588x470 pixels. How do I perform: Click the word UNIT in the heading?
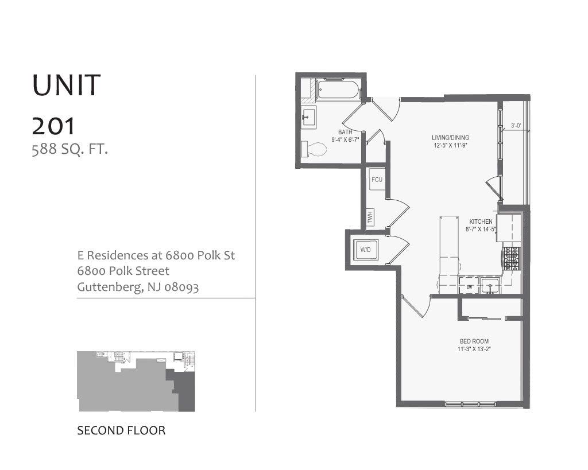(x=67, y=86)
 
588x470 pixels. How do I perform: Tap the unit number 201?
(x=54, y=126)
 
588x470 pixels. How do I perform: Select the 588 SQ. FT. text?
(x=70, y=150)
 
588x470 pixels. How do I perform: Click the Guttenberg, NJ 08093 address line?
(x=138, y=287)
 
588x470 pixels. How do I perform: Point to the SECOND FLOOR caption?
(x=121, y=430)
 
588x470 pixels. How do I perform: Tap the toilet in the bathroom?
(x=314, y=150)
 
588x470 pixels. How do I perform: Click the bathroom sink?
(x=308, y=118)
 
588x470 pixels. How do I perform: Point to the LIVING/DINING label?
(x=451, y=138)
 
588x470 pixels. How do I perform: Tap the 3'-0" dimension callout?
(x=516, y=126)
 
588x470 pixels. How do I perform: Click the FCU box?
(x=377, y=180)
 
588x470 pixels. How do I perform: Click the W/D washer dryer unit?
(x=366, y=250)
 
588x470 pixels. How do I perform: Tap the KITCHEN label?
(x=481, y=222)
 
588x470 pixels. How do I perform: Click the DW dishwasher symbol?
(x=469, y=286)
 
